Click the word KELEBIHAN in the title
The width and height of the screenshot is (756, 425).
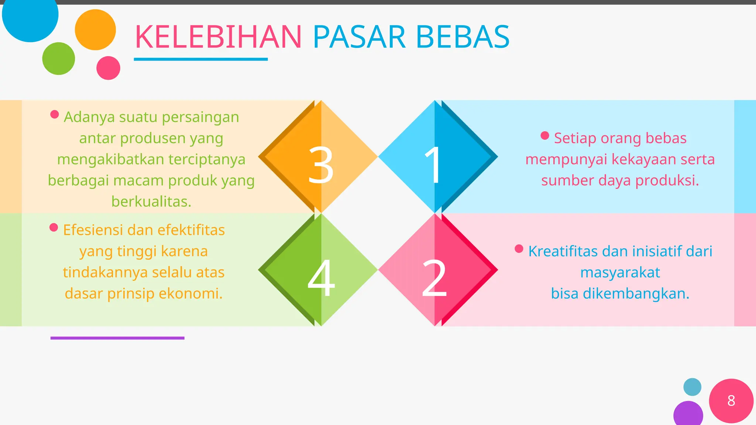tap(218, 37)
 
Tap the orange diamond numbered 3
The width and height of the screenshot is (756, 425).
tap(318, 157)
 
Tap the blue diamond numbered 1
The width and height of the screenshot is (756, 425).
tap(438, 157)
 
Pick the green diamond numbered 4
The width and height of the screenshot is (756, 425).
tap(318, 270)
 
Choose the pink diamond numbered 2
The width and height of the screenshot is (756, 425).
tap(438, 270)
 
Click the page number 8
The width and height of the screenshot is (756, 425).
tap(731, 401)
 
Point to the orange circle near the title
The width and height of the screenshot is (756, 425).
tap(95, 30)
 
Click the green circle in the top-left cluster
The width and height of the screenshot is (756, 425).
tap(58, 59)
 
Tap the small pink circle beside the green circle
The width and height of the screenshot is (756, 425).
tap(108, 68)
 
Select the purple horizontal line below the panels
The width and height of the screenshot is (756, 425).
tap(117, 338)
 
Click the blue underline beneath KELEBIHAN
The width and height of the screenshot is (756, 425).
tap(200, 59)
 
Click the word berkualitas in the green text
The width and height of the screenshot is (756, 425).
tap(151, 202)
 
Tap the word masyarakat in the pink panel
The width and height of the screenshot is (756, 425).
tap(620, 273)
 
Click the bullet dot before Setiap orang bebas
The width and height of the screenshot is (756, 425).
tap(544, 135)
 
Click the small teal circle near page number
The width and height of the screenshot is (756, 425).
tap(692, 387)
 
